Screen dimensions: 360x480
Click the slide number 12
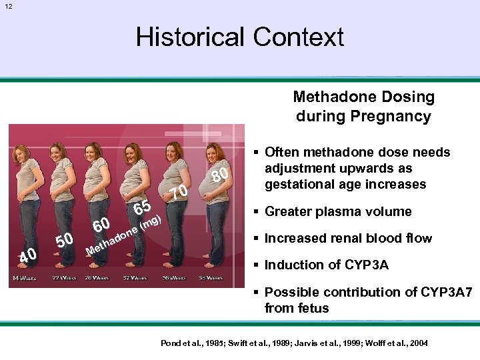pyautogui.click(x=7, y=6)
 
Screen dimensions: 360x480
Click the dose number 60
pyautogui.click(x=101, y=225)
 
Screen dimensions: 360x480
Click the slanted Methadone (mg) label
pyautogui.click(x=124, y=235)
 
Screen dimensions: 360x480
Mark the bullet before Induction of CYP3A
pyautogui.click(x=257, y=265)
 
